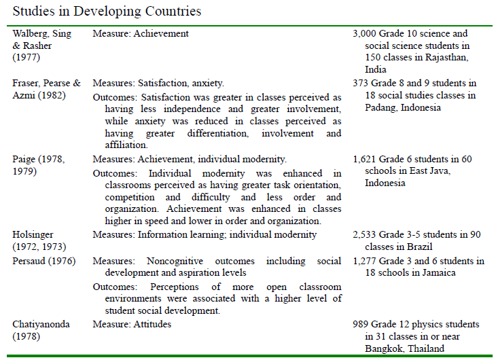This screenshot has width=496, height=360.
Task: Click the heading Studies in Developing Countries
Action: tap(107, 12)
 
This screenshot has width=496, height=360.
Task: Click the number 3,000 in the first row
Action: tap(366, 33)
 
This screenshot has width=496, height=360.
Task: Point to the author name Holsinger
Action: tap(34, 234)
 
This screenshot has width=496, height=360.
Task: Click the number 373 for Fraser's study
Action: tap(361, 84)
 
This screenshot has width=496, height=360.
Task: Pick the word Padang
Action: tap(382, 108)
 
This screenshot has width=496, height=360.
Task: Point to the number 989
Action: tap(361, 324)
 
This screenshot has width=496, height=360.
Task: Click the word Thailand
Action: tap(429, 348)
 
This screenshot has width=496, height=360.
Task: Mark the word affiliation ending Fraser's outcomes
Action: tap(125, 145)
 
